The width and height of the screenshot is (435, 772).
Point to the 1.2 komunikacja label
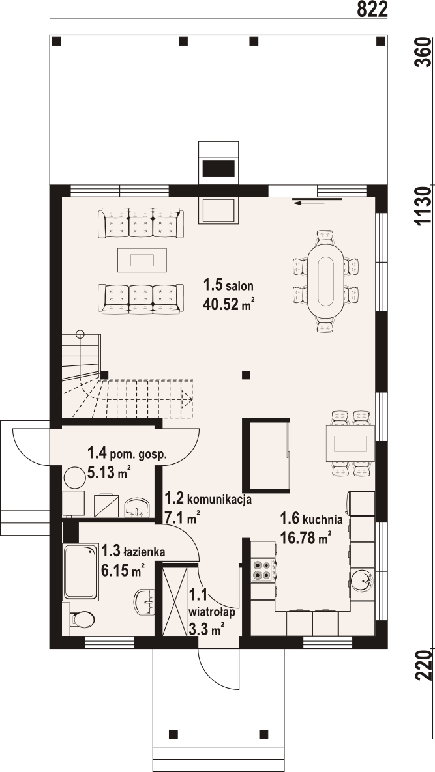(209, 498)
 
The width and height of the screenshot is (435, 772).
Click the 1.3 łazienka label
(133, 551)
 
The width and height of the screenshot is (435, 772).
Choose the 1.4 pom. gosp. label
(127, 453)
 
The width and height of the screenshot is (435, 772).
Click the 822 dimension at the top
(372, 9)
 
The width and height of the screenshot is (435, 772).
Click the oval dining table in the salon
(325, 281)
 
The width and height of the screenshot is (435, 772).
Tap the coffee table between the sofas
(142, 260)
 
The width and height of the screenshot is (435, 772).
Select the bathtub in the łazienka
(80, 571)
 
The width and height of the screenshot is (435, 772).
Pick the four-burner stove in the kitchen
(263, 569)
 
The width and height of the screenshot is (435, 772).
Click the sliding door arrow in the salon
(317, 200)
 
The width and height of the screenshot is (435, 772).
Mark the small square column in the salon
(246, 375)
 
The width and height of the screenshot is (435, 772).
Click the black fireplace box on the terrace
(218, 169)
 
